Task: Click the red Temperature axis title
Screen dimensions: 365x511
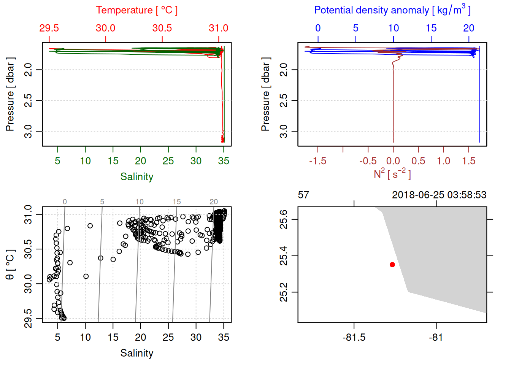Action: pyautogui.click(x=136, y=10)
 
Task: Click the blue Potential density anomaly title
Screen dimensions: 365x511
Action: pyautogui.click(x=392, y=10)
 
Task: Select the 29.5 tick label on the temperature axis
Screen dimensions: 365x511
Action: pyautogui.click(x=49, y=28)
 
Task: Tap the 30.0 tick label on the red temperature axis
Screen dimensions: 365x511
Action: pyautogui.click(x=105, y=28)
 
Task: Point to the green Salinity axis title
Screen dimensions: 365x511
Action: pyautogui.click(x=136, y=177)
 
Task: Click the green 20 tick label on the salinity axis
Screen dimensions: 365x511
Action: pyautogui.click(x=140, y=161)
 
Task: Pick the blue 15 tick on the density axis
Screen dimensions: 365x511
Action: pyautogui.click(x=431, y=28)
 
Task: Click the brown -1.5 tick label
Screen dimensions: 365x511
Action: pyautogui.click(x=317, y=161)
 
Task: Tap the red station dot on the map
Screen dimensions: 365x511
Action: pyautogui.click(x=392, y=265)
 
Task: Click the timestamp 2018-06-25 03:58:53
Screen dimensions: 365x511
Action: pyautogui.click(x=439, y=195)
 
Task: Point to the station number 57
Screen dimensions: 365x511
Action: pyautogui.click(x=303, y=195)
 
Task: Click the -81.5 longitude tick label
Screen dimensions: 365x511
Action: pyautogui.click(x=354, y=338)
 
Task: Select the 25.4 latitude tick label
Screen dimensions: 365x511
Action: pyautogui.click(x=284, y=255)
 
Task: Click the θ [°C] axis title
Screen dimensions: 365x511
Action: pyautogui.click(x=10, y=265)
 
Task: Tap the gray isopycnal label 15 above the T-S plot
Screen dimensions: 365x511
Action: pyautogui.click(x=177, y=202)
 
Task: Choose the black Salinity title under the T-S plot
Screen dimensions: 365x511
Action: pyautogui.click(x=136, y=353)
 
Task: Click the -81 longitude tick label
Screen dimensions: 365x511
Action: pyautogui.click(x=436, y=338)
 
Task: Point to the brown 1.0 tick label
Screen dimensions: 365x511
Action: pyautogui.click(x=443, y=161)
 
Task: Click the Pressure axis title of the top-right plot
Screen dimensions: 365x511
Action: pyautogui.click(x=265, y=94)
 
